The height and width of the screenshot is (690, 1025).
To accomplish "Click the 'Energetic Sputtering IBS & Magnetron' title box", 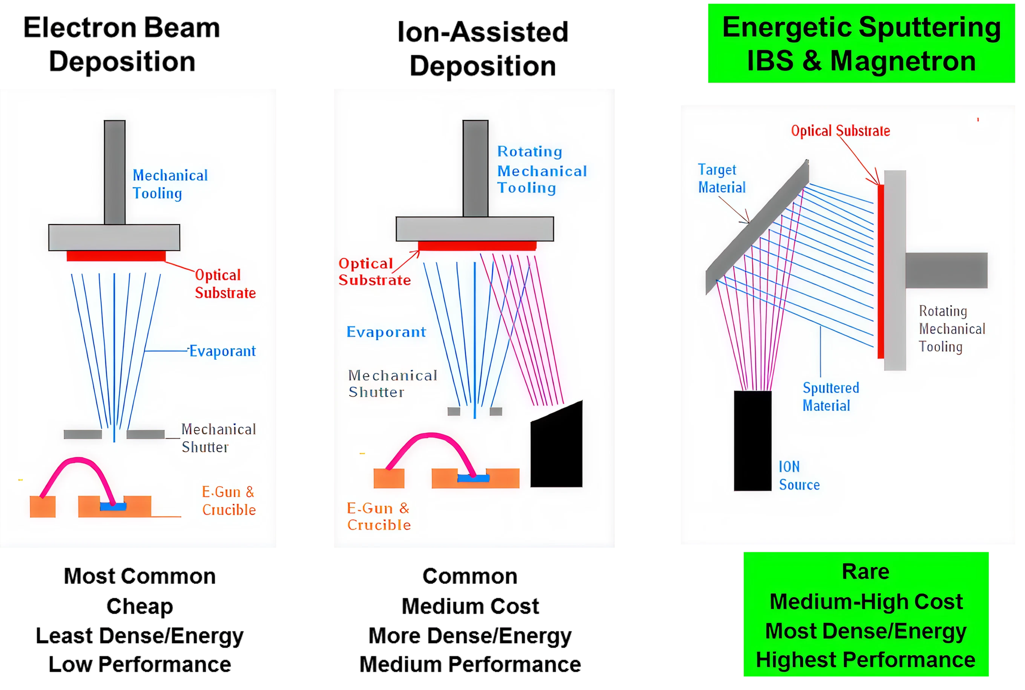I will [x=861, y=44].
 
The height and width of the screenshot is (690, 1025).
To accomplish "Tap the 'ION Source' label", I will [x=799, y=476].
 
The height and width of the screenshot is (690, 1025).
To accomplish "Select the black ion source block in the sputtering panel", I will [x=752, y=440].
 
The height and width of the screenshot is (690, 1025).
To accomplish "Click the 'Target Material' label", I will [x=721, y=179].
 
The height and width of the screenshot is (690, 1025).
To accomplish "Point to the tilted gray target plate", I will [x=757, y=227].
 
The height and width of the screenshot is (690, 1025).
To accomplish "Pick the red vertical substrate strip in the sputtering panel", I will [x=881, y=271].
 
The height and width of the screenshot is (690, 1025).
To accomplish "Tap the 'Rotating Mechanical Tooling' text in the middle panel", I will [x=542, y=170].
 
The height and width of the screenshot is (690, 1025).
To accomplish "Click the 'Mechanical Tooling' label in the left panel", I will [x=170, y=184].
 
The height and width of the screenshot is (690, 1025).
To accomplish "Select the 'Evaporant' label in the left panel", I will [x=222, y=351].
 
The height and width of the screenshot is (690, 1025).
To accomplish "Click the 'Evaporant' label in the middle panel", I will [x=386, y=332].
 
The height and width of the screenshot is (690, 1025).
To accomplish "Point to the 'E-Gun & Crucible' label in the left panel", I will [x=228, y=501].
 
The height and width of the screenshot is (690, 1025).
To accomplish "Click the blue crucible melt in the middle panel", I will [x=473, y=478].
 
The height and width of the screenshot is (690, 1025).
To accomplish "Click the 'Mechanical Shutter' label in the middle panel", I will [x=392, y=384].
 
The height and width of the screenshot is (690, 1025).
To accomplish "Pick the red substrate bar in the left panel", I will [x=116, y=256].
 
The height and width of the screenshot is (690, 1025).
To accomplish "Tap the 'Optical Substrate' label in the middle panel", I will [x=374, y=272].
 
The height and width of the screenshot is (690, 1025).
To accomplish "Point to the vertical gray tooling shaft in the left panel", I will [x=115, y=172].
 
